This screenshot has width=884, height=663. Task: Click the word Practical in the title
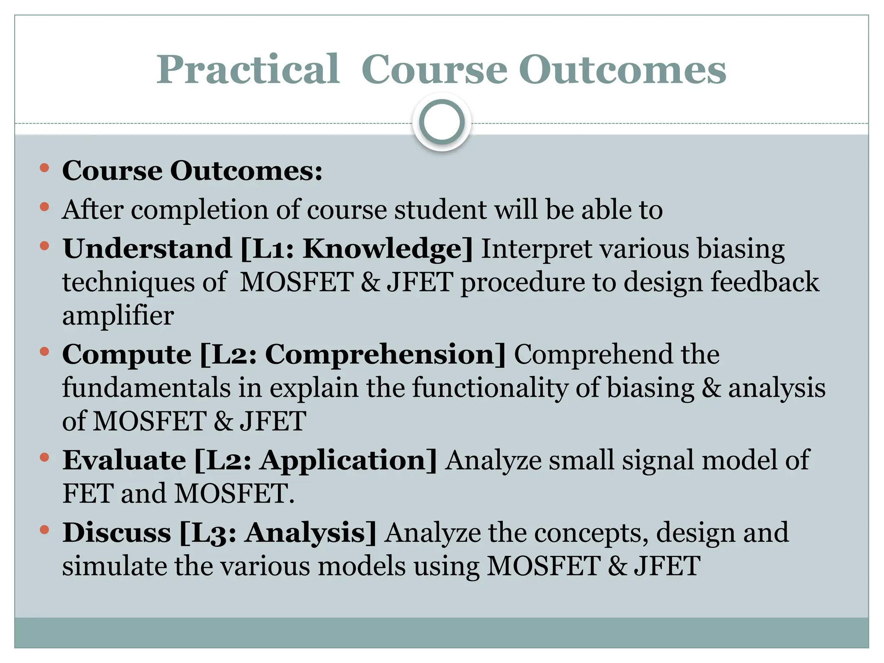[248, 70]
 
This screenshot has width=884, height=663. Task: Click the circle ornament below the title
[442, 122]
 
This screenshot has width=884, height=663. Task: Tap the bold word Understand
[147, 249]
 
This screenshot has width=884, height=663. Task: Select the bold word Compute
[127, 355]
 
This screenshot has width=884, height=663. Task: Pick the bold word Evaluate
[124, 460]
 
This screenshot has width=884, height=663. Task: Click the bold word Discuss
[117, 533]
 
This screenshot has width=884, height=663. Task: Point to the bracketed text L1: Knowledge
[357, 249]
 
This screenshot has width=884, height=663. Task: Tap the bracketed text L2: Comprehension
[353, 355]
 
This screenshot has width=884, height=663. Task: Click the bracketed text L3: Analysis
[278, 533]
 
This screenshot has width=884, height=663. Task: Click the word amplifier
[118, 316]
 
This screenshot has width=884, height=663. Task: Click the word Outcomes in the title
[622, 70]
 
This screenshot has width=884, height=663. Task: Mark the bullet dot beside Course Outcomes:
[44, 168]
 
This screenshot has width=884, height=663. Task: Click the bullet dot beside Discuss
[44, 530]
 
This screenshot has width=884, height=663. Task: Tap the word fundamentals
[146, 388]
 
